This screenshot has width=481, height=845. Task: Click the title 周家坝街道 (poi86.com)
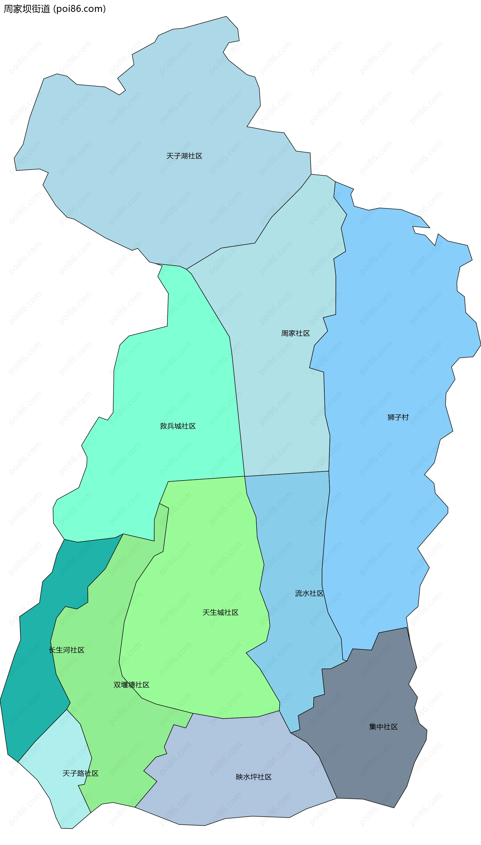click(55, 9)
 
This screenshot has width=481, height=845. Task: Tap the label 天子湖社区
click(184, 156)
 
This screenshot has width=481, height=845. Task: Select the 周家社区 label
click(295, 333)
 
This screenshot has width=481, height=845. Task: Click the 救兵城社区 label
click(178, 426)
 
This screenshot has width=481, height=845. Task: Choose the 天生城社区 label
click(220, 613)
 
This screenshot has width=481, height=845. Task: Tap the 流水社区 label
click(309, 593)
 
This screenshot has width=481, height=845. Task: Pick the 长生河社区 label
click(66, 650)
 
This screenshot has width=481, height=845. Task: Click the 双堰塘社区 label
click(131, 685)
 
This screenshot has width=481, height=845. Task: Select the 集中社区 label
click(383, 727)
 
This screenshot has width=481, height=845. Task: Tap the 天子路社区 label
click(81, 773)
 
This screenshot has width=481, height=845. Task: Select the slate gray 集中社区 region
click(373, 760)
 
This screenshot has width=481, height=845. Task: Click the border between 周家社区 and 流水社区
click(287, 474)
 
